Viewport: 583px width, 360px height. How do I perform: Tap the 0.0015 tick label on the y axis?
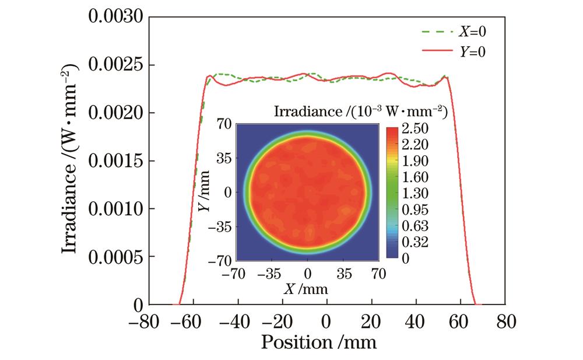click(115, 160)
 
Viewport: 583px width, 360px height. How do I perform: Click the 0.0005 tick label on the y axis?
click(115, 256)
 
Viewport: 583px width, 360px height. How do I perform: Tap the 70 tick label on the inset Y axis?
click(225, 124)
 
